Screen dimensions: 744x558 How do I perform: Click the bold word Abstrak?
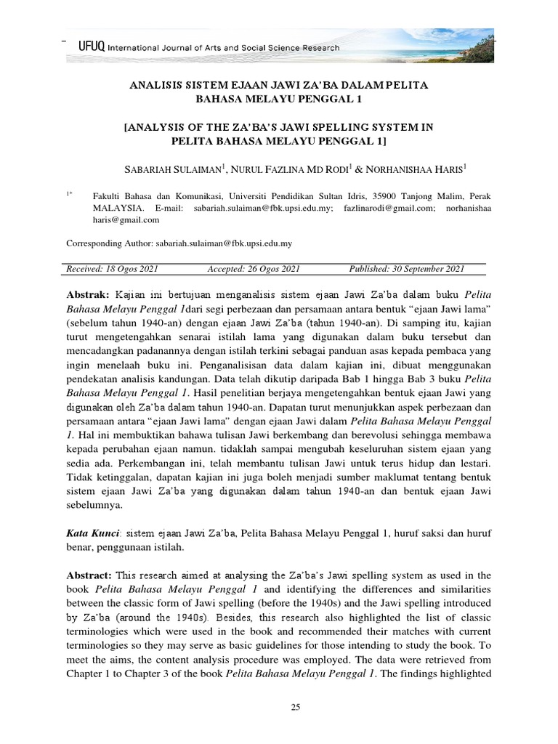tap(87, 295)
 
